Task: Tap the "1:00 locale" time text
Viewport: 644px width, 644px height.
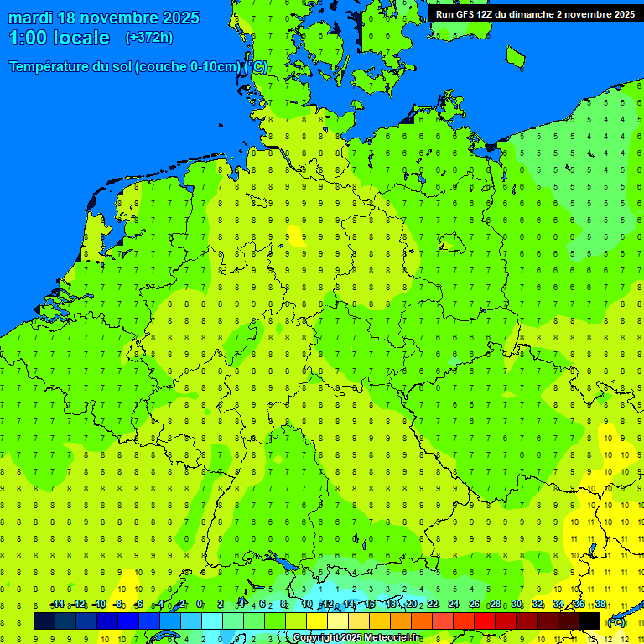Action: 59,38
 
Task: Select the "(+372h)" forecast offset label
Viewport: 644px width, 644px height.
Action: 148,38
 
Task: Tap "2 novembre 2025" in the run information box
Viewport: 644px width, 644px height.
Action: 595,14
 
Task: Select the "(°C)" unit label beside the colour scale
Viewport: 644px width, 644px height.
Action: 615,622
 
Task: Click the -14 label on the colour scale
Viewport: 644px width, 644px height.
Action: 57,605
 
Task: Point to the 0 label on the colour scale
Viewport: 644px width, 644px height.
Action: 200,605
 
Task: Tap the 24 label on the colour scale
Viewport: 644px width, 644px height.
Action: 454,605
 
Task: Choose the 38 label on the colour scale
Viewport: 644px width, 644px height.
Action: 600,605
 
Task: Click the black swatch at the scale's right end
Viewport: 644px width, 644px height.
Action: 590,621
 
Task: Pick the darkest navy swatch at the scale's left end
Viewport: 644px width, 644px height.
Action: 44,621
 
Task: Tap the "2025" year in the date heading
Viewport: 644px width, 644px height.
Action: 179,18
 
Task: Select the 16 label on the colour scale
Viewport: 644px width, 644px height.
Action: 369,605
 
